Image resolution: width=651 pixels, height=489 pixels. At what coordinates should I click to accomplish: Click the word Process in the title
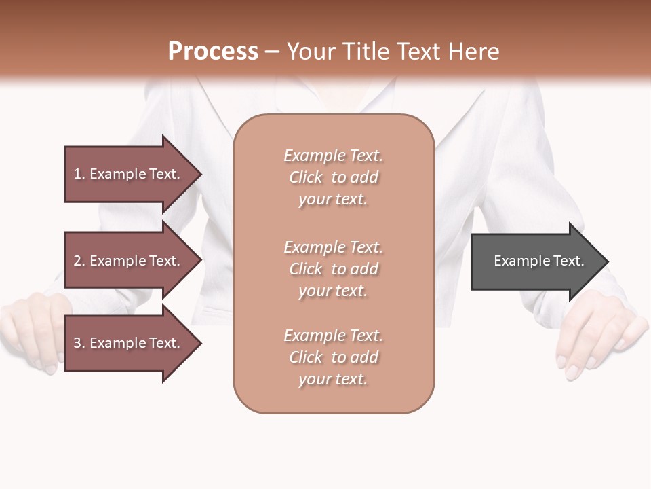click(x=213, y=52)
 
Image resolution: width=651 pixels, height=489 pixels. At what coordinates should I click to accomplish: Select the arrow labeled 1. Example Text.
click(x=129, y=174)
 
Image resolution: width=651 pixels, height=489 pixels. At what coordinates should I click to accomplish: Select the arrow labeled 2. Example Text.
click(x=129, y=261)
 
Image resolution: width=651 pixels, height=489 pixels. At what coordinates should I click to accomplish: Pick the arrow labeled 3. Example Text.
click(x=129, y=343)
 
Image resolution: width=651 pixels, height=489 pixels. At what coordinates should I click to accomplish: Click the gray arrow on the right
click(x=536, y=261)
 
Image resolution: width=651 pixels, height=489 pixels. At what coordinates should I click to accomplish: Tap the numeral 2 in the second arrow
click(x=77, y=261)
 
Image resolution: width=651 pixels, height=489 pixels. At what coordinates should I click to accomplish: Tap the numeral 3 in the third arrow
click(x=77, y=343)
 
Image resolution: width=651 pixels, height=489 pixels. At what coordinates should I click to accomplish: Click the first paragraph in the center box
click(x=333, y=177)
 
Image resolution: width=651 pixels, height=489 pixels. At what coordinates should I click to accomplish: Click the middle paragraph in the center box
click(x=333, y=269)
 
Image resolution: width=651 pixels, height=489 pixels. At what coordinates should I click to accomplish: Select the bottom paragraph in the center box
click(x=333, y=357)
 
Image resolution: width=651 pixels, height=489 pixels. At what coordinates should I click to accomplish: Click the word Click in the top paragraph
click(x=305, y=177)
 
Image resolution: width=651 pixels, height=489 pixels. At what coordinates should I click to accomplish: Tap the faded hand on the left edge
click(x=31, y=333)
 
